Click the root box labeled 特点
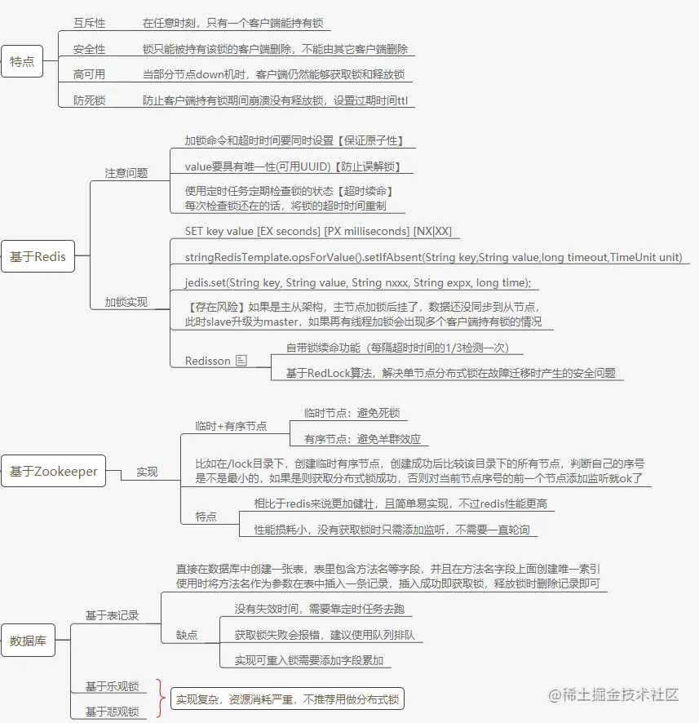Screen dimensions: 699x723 coord(22,61)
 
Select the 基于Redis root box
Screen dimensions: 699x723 coord(38,256)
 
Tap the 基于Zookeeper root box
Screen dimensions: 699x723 coord(54,471)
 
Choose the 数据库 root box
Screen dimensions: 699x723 coord(28,641)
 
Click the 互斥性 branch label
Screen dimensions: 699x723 coord(90,23)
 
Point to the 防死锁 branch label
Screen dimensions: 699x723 coord(90,100)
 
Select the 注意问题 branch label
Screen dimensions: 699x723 coord(126,173)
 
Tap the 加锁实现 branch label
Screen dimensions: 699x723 coord(126,302)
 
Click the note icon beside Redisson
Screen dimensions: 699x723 coord(241,360)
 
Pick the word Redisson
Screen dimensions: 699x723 coord(207,361)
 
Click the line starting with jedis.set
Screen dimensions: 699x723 coord(358,282)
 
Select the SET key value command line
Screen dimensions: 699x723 coord(318,231)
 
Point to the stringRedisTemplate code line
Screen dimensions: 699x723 coord(433,257)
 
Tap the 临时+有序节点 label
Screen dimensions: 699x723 coord(231,426)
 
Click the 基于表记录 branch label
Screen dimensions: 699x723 coord(112,615)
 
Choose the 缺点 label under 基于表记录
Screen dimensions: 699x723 coord(187,635)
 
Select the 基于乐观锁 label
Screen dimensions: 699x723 coord(112,686)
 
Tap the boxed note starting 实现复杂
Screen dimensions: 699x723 coord(288,699)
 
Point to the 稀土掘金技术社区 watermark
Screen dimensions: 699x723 coord(613,694)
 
